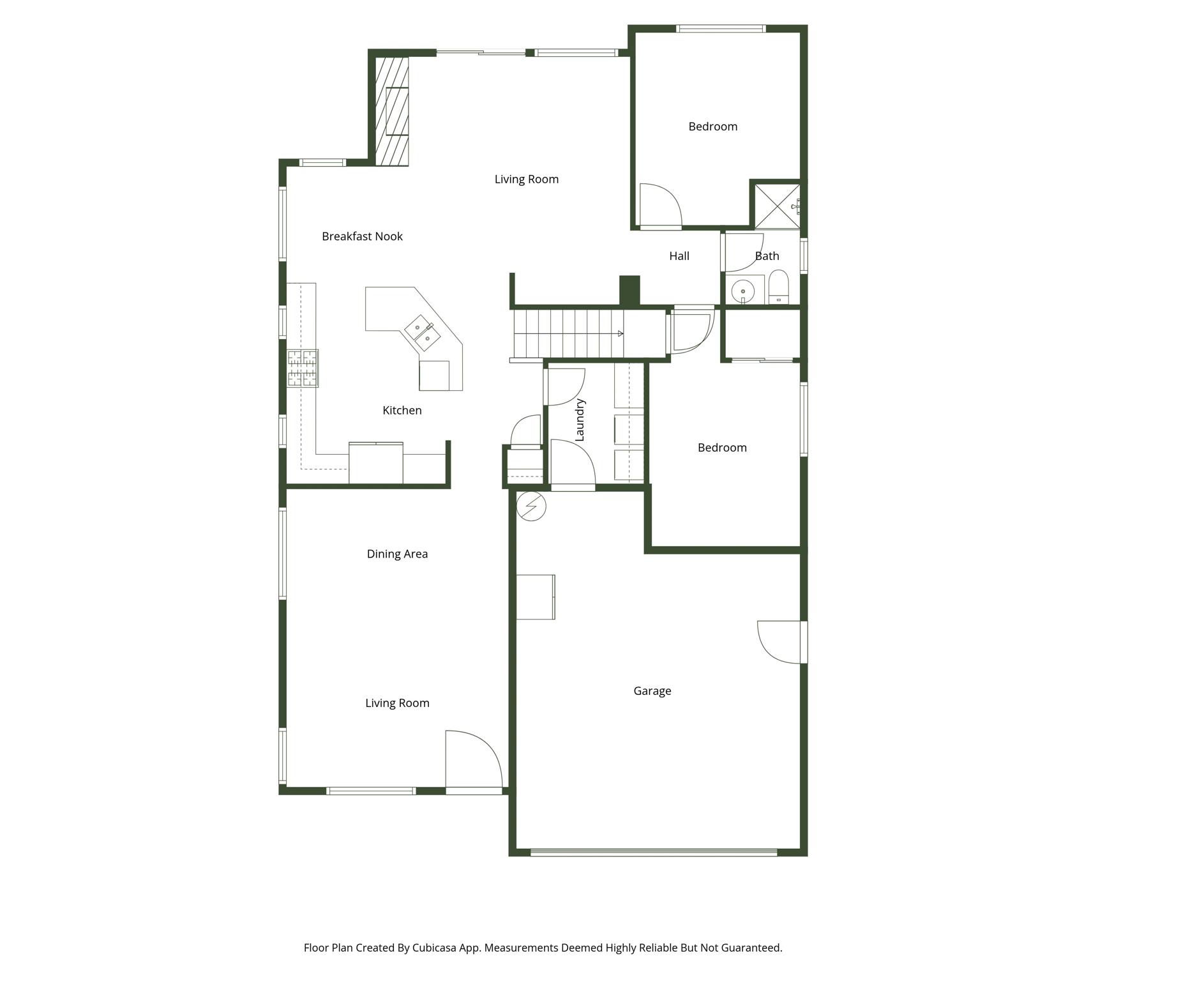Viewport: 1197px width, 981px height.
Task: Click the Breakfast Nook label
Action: pos(362,236)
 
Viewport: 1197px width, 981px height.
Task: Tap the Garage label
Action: pos(652,691)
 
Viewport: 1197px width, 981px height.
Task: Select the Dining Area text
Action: pos(397,554)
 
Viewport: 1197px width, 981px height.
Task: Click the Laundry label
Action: pos(580,420)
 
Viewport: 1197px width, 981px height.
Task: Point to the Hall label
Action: pos(679,256)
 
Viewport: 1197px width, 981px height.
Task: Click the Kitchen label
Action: pos(402,411)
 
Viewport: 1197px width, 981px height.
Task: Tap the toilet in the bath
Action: pos(778,287)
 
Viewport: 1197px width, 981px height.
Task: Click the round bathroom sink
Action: pos(742,292)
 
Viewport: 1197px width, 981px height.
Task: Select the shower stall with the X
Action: pos(776,206)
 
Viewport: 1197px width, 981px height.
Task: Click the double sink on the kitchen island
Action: pos(422,333)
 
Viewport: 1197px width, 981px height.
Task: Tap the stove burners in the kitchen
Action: pos(302,368)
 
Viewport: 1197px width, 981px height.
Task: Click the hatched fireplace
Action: pos(391,111)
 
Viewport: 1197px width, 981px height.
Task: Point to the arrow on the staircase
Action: pos(619,333)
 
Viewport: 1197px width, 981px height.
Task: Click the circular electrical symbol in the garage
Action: pos(531,506)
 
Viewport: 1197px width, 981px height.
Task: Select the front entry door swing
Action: pos(473,760)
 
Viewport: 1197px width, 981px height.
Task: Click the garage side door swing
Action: pos(779,642)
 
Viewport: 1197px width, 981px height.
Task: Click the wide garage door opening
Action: pos(654,852)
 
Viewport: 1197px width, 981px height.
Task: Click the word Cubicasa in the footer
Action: pos(434,948)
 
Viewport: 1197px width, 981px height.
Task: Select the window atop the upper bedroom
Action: pos(720,29)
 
